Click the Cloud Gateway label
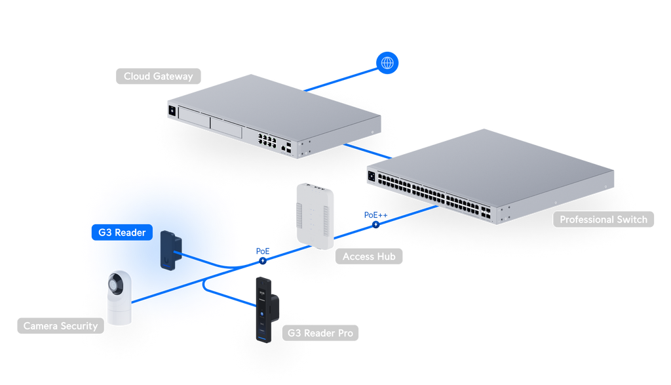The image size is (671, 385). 159,76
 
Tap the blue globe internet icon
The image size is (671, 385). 387,63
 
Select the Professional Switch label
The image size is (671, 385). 604,219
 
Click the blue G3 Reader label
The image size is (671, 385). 122,233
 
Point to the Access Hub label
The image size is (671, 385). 369,256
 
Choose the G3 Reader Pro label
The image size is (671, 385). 320,333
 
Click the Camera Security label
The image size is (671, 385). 60,326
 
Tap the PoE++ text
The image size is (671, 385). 375,215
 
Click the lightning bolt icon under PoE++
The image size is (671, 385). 375,224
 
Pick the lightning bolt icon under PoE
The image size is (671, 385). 263,260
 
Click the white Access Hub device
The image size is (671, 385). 315,216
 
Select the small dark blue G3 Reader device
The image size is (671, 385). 171,251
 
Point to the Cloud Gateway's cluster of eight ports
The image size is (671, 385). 267,140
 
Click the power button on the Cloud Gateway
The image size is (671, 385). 172,111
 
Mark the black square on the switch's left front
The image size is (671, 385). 372,176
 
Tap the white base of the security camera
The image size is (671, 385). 119,310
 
